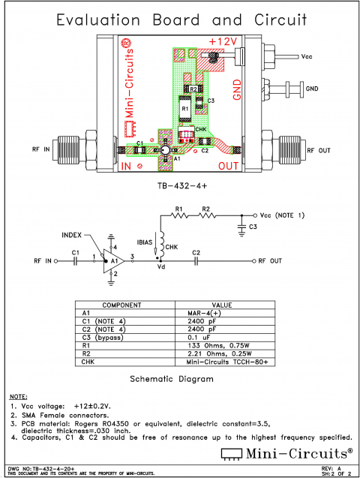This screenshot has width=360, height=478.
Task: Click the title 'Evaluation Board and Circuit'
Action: tap(180, 19)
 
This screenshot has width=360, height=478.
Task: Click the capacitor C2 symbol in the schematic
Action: tap(196, 261)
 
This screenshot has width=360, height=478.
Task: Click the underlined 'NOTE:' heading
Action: tap(18, 395)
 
